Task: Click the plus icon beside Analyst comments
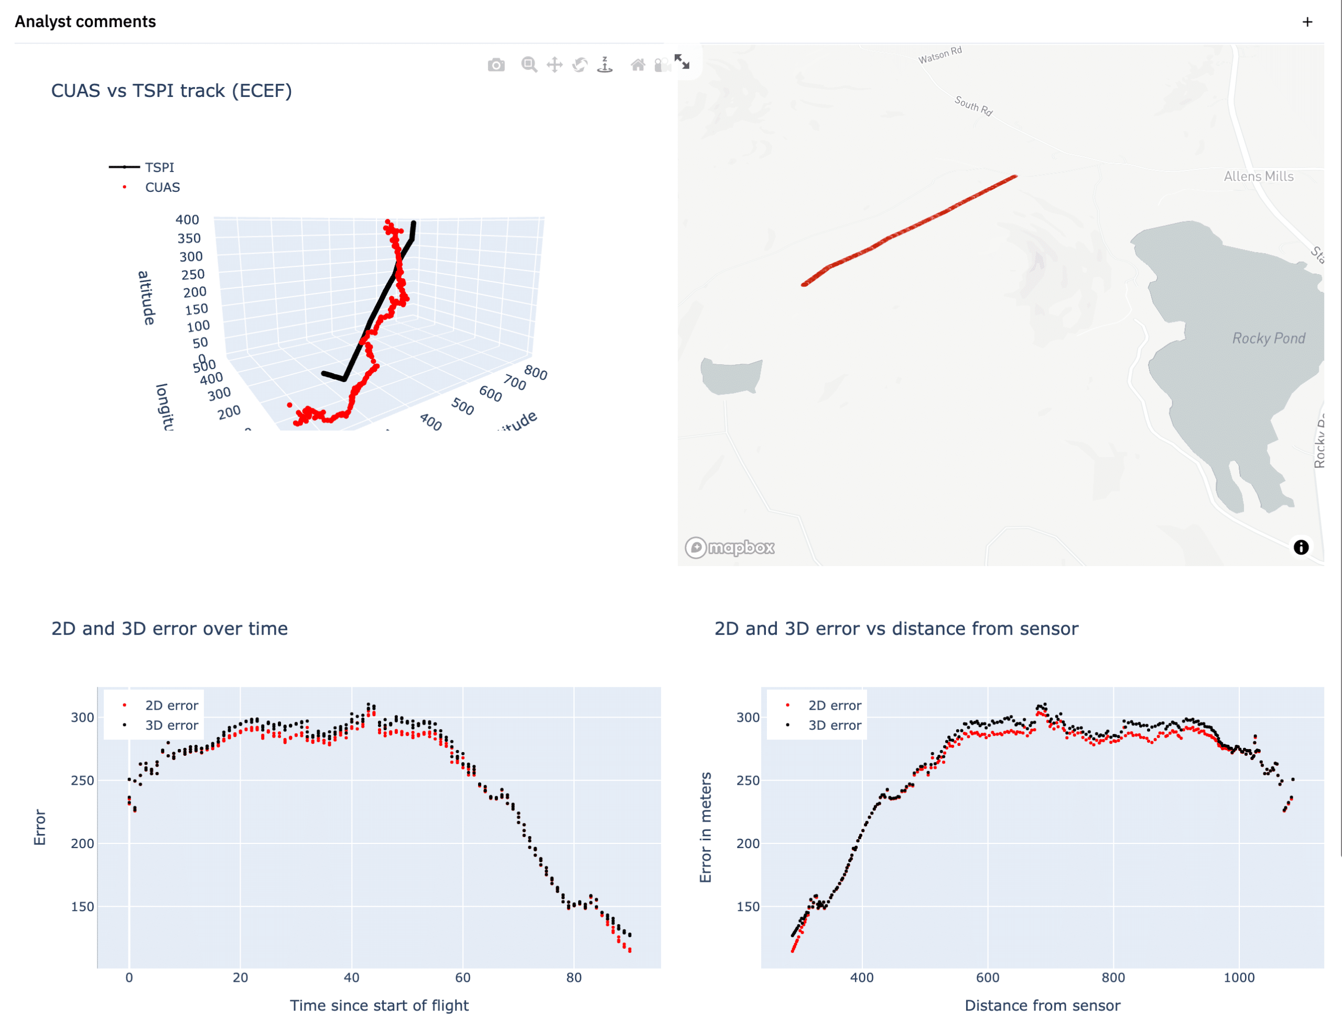click(x=1307, y=22)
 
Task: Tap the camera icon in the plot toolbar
click(x=496, y=65)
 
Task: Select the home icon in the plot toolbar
click(x=637, y=65)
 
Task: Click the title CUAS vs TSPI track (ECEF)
click(x=171, y=91)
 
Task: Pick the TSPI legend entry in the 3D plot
click(x=159, y=167)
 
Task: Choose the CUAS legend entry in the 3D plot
click(x=162, y=188)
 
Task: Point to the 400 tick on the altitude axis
click(x=187, y=220)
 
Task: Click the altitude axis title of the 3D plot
click(x=146, y=298)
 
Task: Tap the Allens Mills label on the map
click(x=1258, y=177)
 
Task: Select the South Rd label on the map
click(x=973, y=105)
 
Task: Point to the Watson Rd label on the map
click(x=939, y=55)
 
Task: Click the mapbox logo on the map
click(x=730, y=547)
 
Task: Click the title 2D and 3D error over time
click(x=169, y=628)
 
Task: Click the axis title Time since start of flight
click(x=379, y=1005)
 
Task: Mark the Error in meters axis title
click(x=706, y=827)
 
